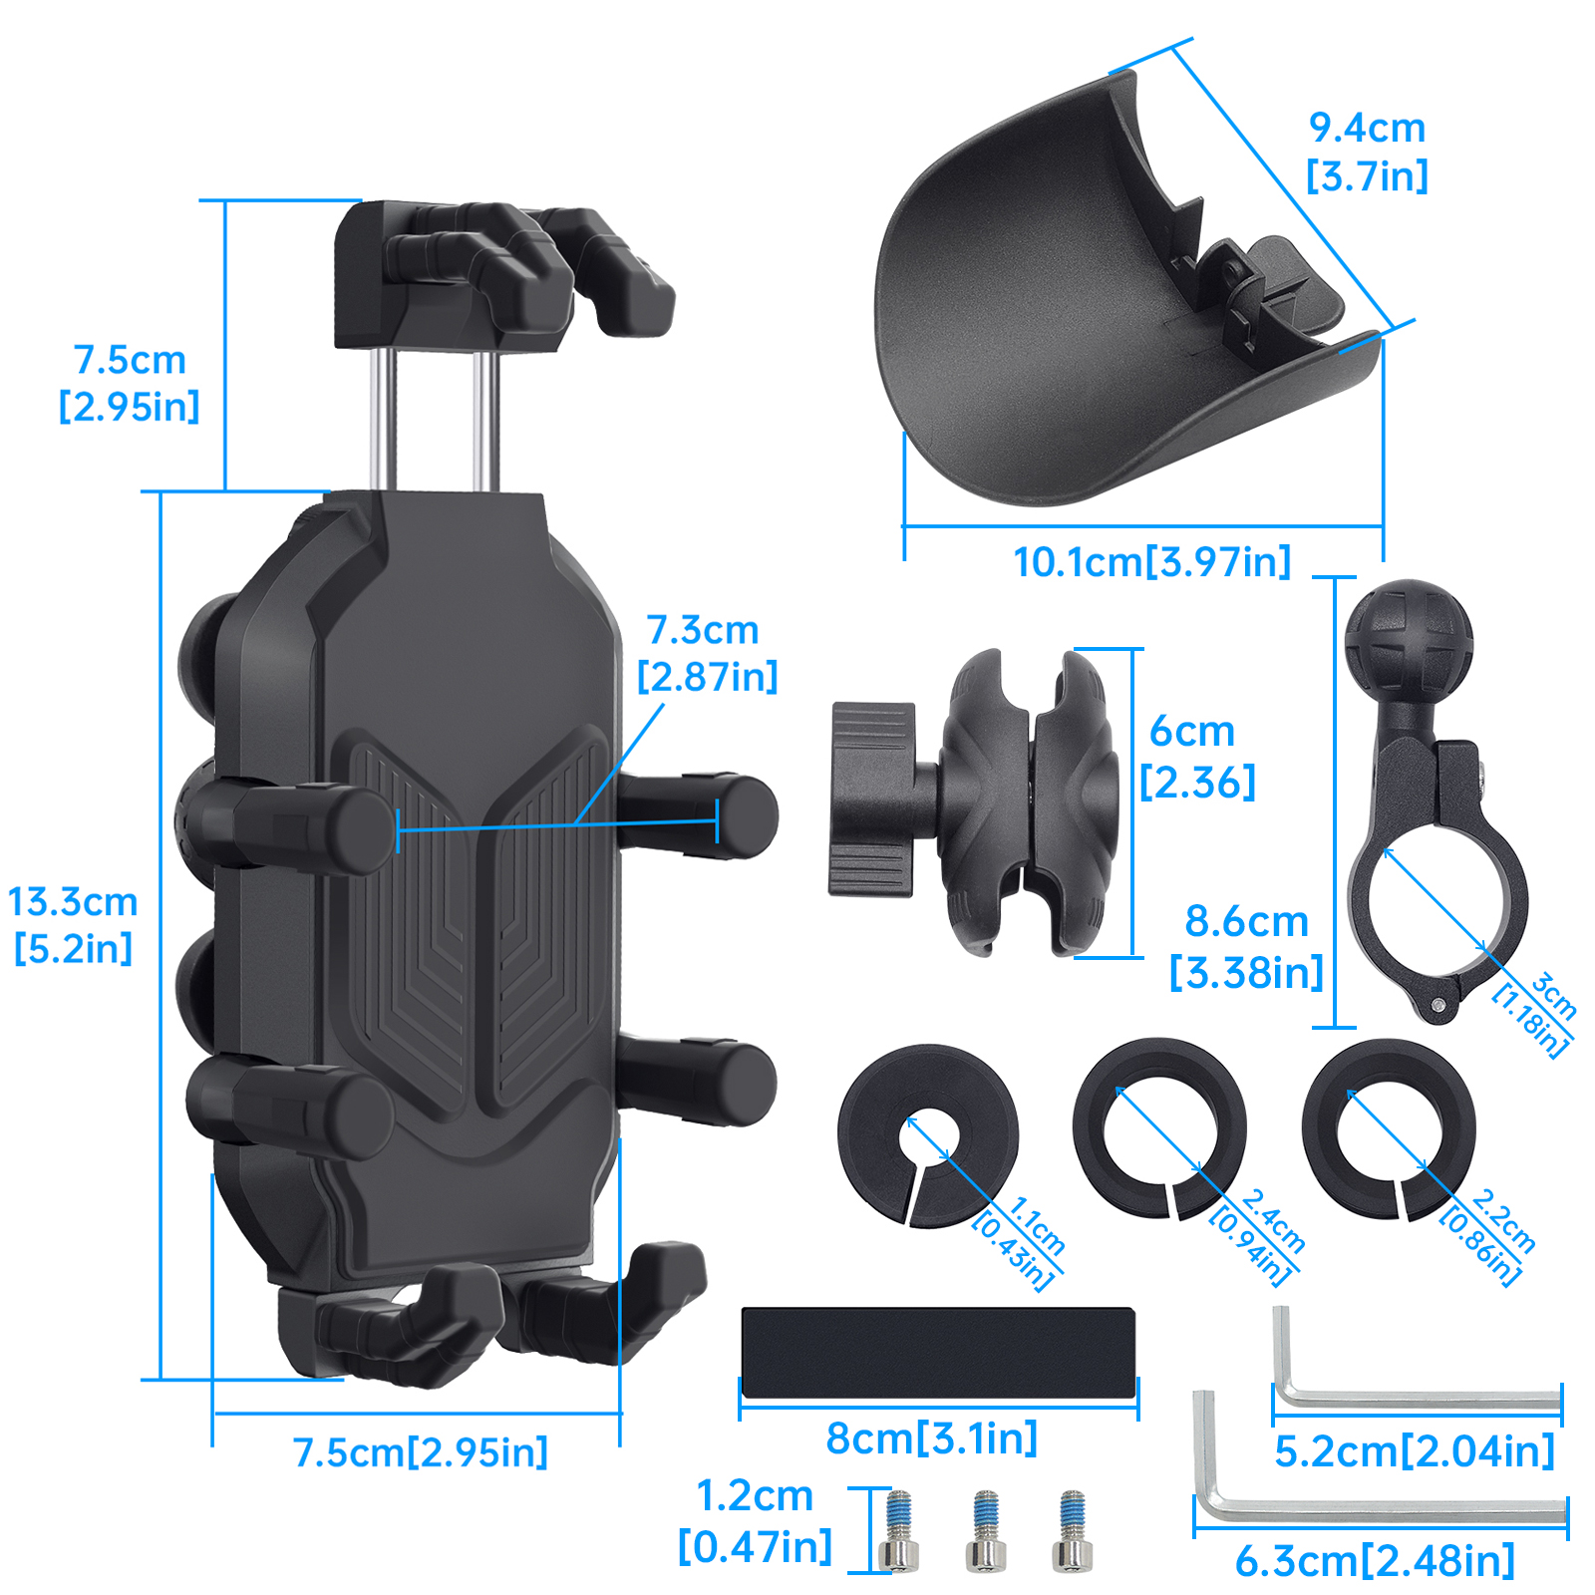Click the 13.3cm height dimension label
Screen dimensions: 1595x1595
click(x=73, y=924)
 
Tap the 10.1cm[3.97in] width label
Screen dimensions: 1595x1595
click(x=1151, y=562)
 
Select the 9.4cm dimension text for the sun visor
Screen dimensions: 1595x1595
click(x=1367, y=152)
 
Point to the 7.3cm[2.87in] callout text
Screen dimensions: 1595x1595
click(x=707, y=653)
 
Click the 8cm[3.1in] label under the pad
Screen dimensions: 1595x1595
click(x=932, y=1438)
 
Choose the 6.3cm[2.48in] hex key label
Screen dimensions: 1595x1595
click(x=1375, y=1561)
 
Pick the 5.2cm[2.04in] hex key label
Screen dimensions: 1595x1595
click(x=1415, y=1451)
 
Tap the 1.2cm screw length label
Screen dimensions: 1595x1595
click(x=755, y=1521)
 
